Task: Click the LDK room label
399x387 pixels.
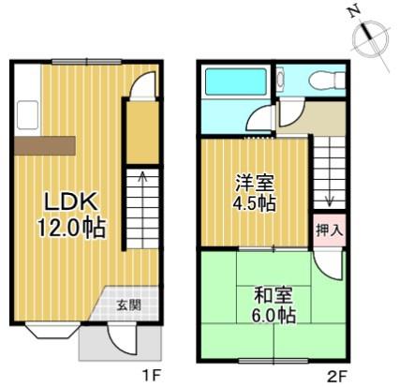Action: [x=71, y=201]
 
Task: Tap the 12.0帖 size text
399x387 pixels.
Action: [x=71, y=228]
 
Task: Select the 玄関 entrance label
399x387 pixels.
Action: [x=129, y=305]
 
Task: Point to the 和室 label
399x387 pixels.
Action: [x=273, y=295]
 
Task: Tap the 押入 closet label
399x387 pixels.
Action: [x=330, y=231]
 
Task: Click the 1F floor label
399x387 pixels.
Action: [x=151, y=375]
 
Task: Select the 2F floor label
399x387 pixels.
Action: [x=337, y=375]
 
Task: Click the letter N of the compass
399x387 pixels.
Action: [x=354, y=12]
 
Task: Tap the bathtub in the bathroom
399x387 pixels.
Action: [x=236, y=82]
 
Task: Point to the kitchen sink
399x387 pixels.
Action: [x=27, y=114]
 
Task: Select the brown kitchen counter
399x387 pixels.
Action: [x=45, y=145]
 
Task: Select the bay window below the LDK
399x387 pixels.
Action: [x=52, y=331]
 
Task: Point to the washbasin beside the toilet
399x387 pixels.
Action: [x=280, y=80]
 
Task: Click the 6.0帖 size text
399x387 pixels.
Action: [x=273, y=316]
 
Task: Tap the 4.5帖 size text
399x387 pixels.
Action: [x=254, y=203]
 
